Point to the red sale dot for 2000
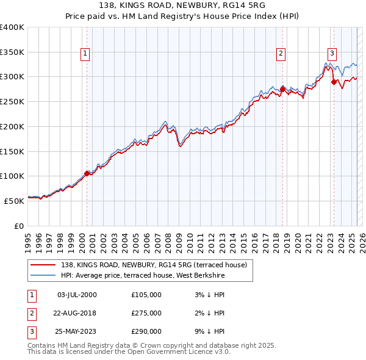click(87, 173)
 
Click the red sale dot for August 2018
click(283, 90)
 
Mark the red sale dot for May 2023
click(334, 82)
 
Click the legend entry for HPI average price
click(143, 275)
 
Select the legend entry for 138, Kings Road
click(153, 265)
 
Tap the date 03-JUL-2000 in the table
click(77, 295)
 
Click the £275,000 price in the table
click(146, 313)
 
